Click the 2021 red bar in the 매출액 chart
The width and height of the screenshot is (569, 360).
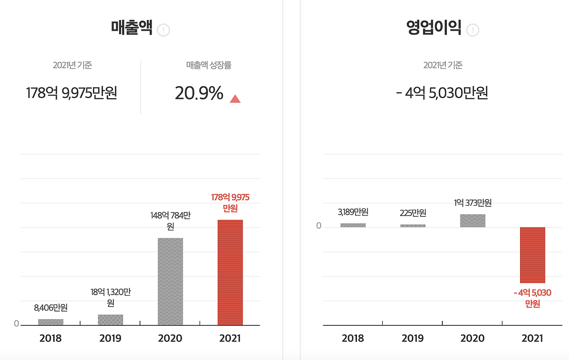pos(230,272)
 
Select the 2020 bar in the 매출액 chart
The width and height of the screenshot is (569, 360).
pos(170,281)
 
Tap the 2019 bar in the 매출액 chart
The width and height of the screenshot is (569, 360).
pos(110,320)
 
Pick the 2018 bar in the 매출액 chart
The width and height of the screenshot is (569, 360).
pos(51,322)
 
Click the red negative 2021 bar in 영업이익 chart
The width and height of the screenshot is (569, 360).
pos(532,255)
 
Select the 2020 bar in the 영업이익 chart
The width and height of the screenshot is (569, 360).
pos(473,220)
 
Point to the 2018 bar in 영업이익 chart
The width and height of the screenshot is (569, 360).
pos(353,225)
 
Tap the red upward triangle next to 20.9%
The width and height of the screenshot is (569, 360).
pos(235,99)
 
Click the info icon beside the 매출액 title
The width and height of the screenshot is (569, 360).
pos(164,30)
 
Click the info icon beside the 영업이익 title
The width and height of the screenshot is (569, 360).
pos(473,30)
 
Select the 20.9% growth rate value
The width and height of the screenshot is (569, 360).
pos(199,93)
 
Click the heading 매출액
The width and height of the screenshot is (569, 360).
pos(132,28)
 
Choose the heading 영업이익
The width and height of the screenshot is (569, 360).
pos(433,28)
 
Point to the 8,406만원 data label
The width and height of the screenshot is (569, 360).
pos(51,307)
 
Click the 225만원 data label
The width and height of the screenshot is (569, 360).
pos(413,213)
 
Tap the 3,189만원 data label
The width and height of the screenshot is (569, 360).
pos(353,212)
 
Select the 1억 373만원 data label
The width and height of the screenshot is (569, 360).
pos(473,203)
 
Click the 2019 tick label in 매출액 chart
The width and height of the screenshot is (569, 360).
pos(110,338)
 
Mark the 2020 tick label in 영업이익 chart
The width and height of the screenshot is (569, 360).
pos(473,338)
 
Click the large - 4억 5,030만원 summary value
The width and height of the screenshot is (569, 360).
pos(442,93)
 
